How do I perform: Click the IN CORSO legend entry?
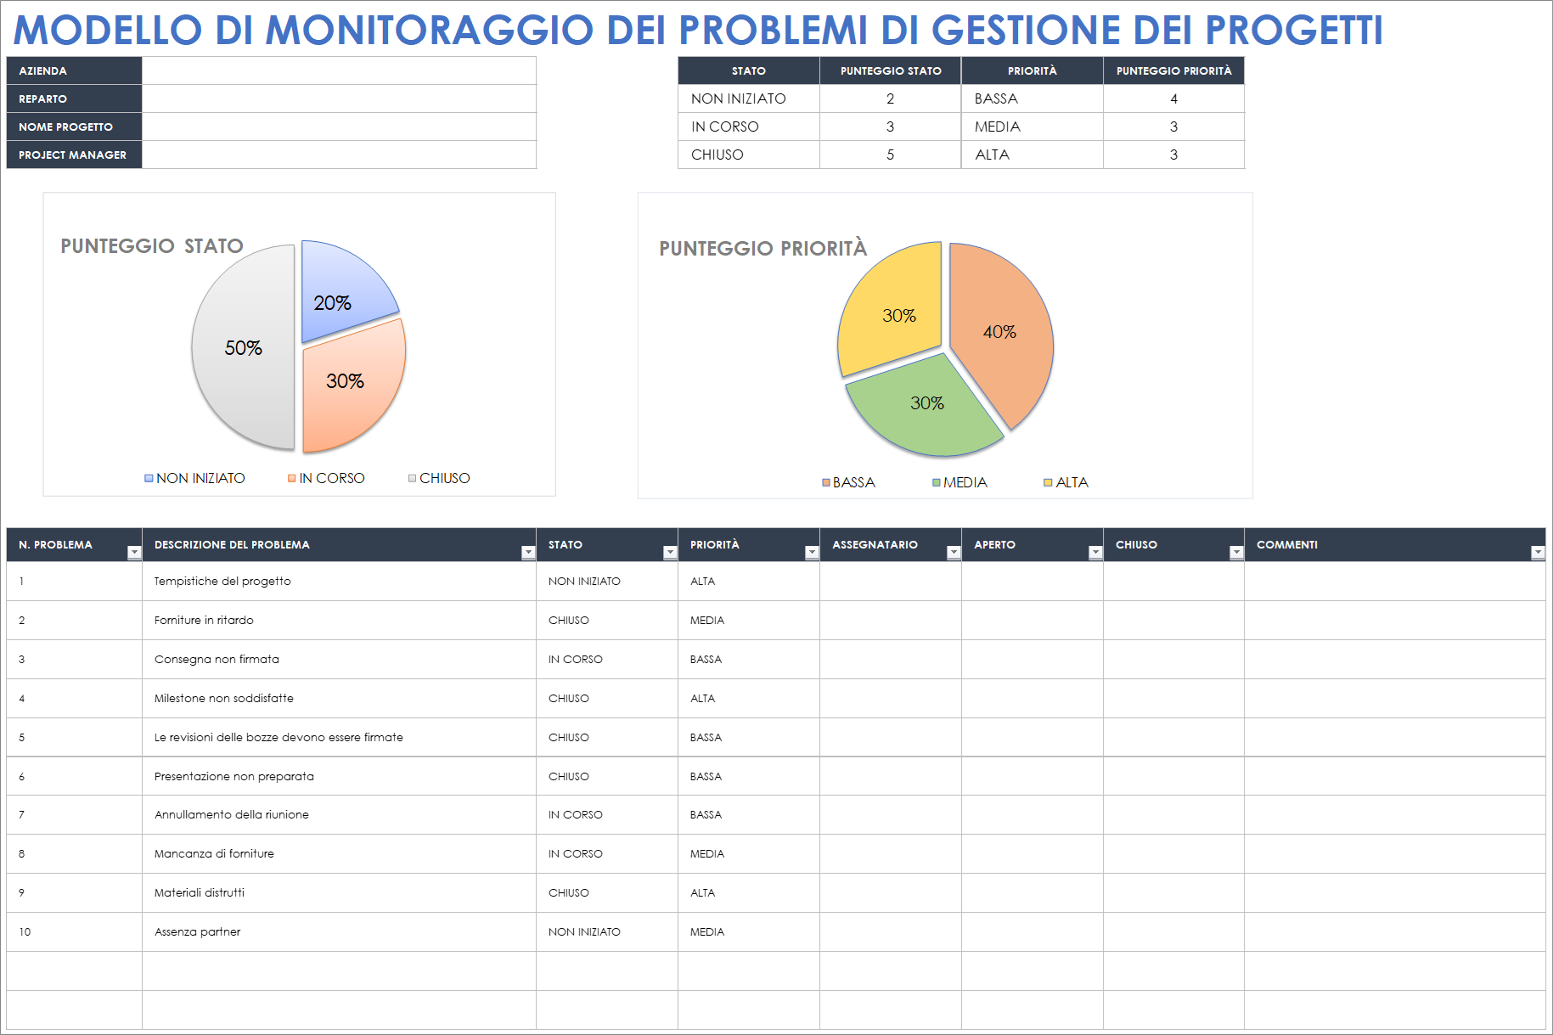pyautogui.click(x=326, y=479)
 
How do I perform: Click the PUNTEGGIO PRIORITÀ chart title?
pyautogui.click(x=762, y=249)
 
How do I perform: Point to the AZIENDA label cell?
pyautogui.click(x=74, y=70)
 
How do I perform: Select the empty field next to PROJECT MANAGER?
pyautogui.click(x=339, y=155)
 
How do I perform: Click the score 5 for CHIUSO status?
pyautogui.click(x=890, y=155)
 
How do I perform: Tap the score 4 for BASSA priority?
pyautogui.click(x=1173, y=98)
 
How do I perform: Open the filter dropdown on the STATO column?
pyautogui.click(x=670, y=553)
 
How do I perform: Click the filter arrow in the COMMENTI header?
pyautogui.click(x=1537, y=553)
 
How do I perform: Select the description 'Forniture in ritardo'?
pyautogui.click(x=204, y=621)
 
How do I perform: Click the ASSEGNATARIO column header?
pyautogui.click(x=875, y=545)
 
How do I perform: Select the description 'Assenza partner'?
pyautogui.click(x=197, y=932)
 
